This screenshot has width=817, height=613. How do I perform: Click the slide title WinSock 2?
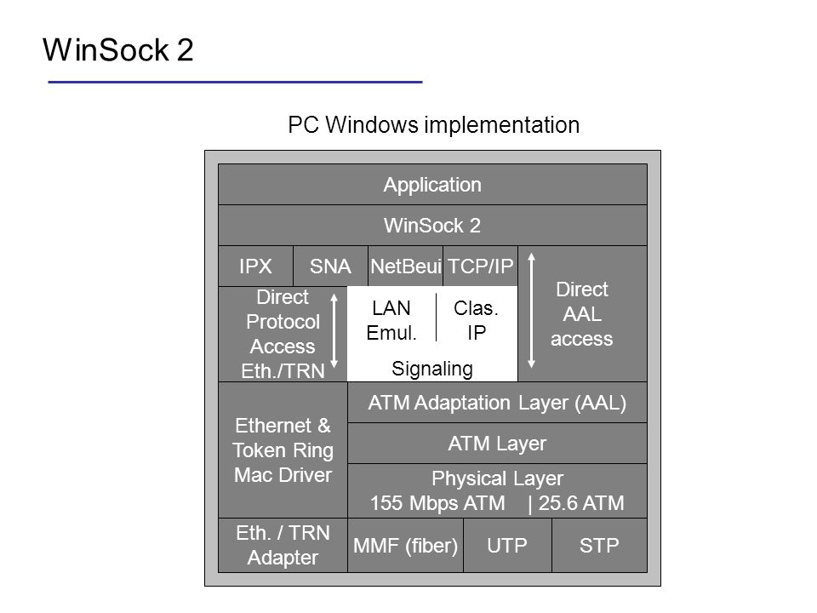[x=117, y=50]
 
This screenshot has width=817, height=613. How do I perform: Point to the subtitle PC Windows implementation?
[x=433, y=125]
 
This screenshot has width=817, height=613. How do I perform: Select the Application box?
[x=432, y=185]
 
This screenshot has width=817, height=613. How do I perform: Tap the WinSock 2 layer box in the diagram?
[x=432, y=225]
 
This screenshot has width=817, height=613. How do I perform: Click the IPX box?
[x=256, y=266]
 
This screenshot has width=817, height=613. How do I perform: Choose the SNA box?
[x=330, y=266]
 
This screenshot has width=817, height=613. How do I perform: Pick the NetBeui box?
[x=405, y=266]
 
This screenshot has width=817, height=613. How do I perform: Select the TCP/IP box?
[x=480, y=266]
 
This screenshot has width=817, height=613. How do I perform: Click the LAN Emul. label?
[x=391, y=320]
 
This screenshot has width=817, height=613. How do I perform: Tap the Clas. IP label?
[x=477, y=320]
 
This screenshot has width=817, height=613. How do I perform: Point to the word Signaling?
[x=432, y=369]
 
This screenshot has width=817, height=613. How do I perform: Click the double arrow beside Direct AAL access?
[x=531, y=311]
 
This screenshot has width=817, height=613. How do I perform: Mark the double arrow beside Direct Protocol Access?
[x=334, y=330]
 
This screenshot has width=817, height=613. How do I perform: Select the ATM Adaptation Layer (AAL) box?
[x=497, y=403]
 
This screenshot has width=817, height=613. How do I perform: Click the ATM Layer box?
[x=497, y=443]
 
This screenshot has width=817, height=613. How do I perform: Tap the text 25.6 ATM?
[x=581, y=503]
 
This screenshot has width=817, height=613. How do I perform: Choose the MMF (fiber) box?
[x=405, y=545]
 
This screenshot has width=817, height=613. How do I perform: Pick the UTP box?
[x=507, y=545]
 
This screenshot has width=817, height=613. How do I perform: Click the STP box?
[x=599, y=545]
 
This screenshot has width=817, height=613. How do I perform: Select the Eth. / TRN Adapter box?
[x=283, y=545]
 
